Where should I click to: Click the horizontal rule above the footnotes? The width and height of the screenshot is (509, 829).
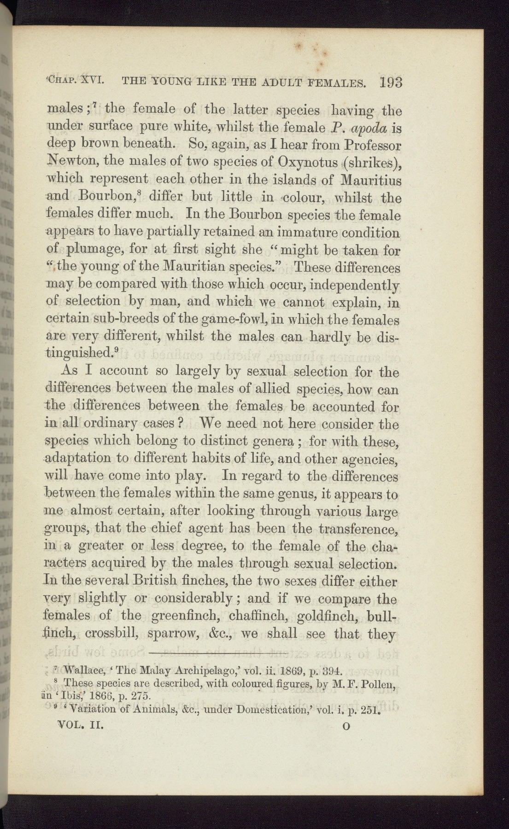[x=219, y=653]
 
